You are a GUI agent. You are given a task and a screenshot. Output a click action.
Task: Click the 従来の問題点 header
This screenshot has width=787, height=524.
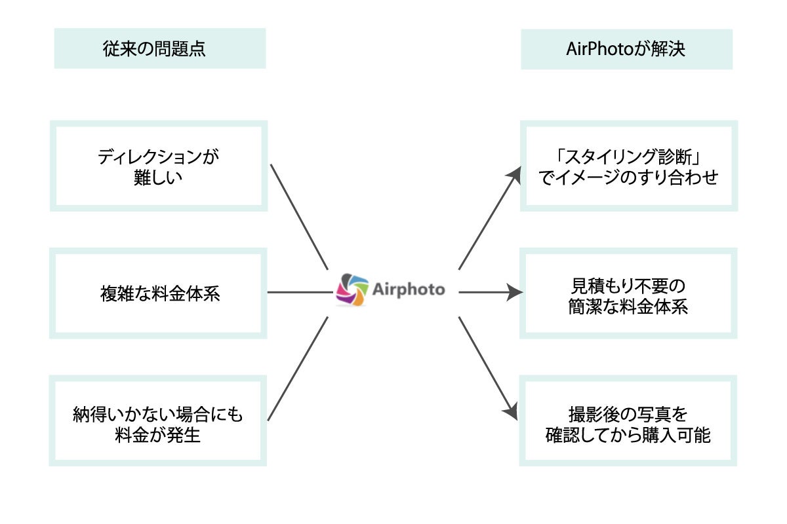[159, 48]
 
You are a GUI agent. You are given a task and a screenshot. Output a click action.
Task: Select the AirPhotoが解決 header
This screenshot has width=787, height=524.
[626, 49]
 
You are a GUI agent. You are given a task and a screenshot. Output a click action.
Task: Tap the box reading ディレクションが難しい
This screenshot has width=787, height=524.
[158, 166]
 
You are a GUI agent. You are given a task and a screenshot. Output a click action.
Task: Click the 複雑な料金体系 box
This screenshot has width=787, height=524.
[158, 293]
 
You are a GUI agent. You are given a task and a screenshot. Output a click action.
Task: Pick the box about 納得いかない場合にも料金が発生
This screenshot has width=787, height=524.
[158, 421]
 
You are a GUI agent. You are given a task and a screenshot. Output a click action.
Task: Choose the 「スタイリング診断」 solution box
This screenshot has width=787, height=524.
[628, 166]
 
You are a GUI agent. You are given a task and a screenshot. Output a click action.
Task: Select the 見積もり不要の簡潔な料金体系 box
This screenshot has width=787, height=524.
[628, 293]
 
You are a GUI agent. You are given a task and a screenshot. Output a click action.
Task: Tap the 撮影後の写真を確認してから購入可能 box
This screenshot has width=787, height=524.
[628, 421]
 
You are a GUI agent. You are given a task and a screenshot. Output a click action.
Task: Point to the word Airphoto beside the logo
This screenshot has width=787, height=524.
[408, 290]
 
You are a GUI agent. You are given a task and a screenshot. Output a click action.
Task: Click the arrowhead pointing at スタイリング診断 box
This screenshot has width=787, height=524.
[512, 172]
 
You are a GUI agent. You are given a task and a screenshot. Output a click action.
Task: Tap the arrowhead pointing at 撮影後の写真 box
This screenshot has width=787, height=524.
[510, 411]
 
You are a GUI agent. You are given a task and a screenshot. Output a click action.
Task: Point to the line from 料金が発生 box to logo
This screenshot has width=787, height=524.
[298, 368]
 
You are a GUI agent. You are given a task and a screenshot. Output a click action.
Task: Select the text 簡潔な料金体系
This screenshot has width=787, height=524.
[628, 307]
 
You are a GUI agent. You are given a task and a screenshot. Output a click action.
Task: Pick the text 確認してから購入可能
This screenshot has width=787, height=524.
[628, 435]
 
